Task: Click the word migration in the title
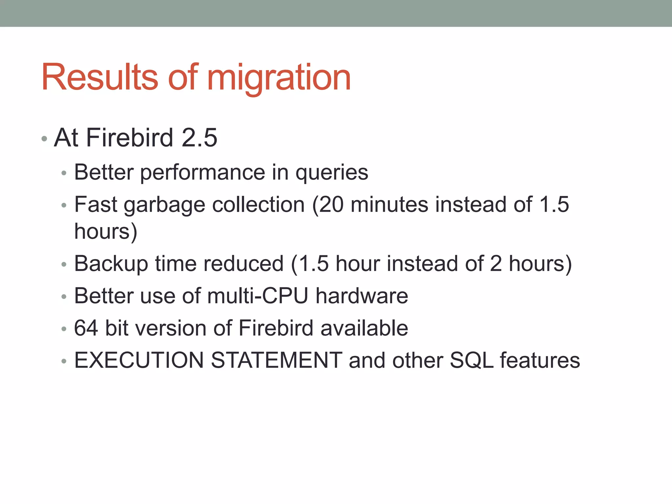pyautogui.click(x=279, y=79)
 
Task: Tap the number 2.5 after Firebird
pyautogui.click(x=199, y=137)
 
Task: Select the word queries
pyautogui.click(x=332, y=173)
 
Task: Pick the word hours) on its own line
pyautogui.click(x=106, y=232)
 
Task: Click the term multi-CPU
pyautogui.click(x=258, y=296)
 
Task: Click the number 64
pyautogui.click(x=86, y=328)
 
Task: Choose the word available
pyautogui.click(x=364, y=328)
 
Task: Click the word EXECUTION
pyautogui.click(x=139, y=360)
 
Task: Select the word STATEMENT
pyautogui.click(x=277, y=360)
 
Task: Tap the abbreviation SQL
pyautogui.click(x=472, y=360)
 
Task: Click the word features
pyautogui.click(x=540, y=360)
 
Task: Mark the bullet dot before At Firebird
pyautogui.click(x=44, y=139)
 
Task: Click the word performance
pyautogui.click(x=202, y=173)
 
